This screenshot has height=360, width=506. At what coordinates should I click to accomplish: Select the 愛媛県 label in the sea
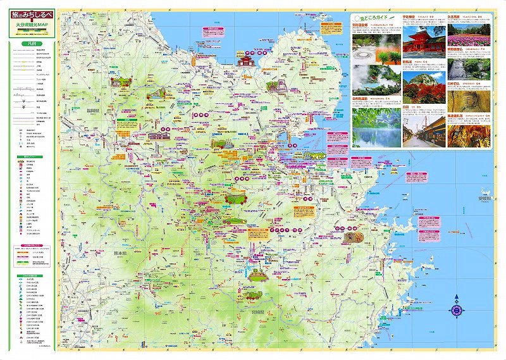[486, 197]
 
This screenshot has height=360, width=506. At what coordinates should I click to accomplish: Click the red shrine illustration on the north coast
[245, 61]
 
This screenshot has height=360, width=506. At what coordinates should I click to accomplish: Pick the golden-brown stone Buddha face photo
[469, 99]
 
